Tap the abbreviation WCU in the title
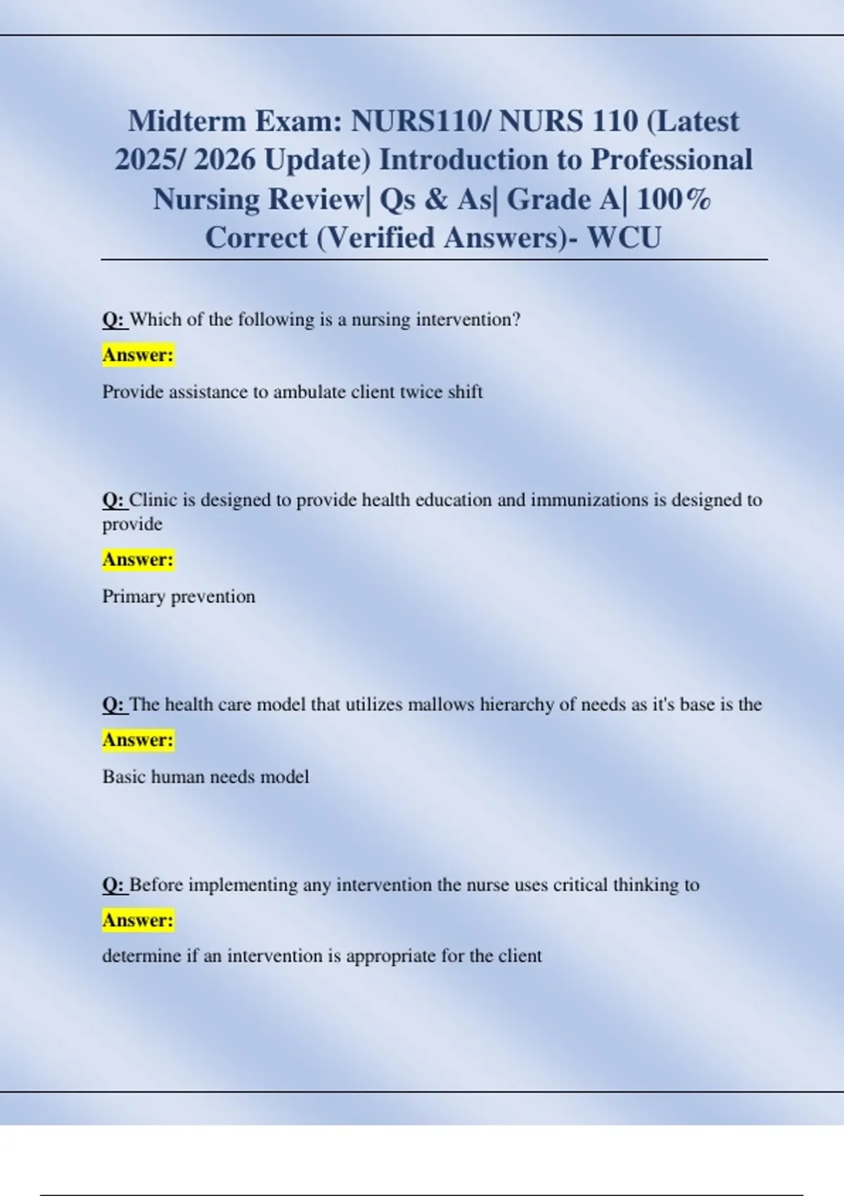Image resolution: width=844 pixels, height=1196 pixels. coord(624,238)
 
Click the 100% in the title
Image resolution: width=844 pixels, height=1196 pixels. coord(673,199)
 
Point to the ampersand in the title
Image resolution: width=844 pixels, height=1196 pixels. coord(436,199)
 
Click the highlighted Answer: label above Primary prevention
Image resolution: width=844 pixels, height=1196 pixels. coord(138,560)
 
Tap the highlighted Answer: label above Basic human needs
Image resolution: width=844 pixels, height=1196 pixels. coord(138,740)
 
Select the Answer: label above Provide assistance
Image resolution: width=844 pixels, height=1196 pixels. coord(138,355)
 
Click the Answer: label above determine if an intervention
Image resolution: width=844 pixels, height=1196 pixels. coord(138,920)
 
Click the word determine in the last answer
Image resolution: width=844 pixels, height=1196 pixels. coord(141,956)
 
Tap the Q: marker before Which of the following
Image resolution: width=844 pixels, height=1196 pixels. coord(114,319)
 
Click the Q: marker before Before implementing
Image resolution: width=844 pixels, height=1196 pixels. coord(114,884)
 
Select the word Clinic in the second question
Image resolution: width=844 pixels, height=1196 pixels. coord(153,500)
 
